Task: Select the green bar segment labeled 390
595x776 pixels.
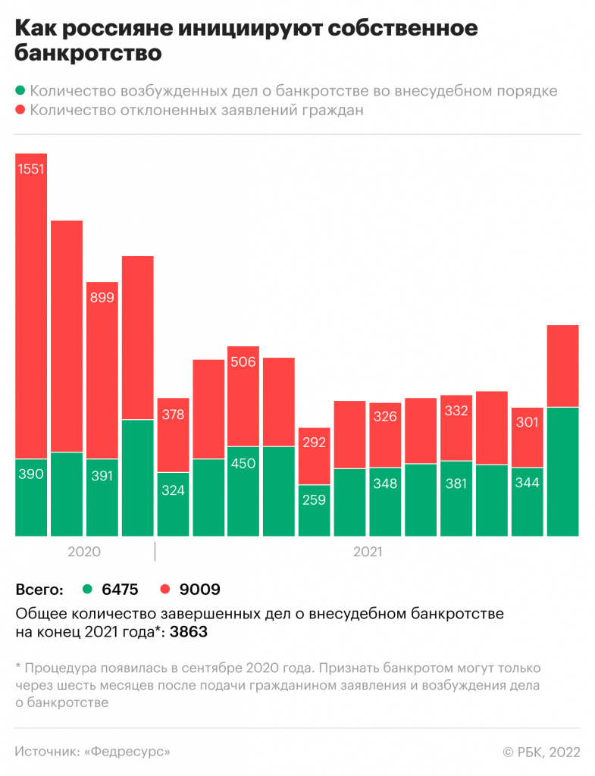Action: (x=31, y=498)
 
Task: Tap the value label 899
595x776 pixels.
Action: (x=102, y=298)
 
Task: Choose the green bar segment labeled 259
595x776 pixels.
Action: (x=314, y=510)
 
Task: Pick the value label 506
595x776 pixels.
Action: (x=243, y=361)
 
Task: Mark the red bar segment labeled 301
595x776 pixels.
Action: (x=527, y=437)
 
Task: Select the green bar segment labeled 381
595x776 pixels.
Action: (x=456, y=498)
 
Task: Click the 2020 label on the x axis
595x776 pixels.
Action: (x=84, y=552)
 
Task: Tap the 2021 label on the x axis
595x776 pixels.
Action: (x=368, y=552)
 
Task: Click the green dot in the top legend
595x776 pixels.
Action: (x=20, y=91)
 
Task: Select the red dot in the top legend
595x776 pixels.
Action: (x=20, y=111)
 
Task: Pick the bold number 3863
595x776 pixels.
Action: (x=188, y=631)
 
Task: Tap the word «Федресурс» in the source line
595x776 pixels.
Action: (x=127, y=752)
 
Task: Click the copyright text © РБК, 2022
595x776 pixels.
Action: (x=541, y=752)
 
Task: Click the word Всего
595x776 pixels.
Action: (x=39, y=589)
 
